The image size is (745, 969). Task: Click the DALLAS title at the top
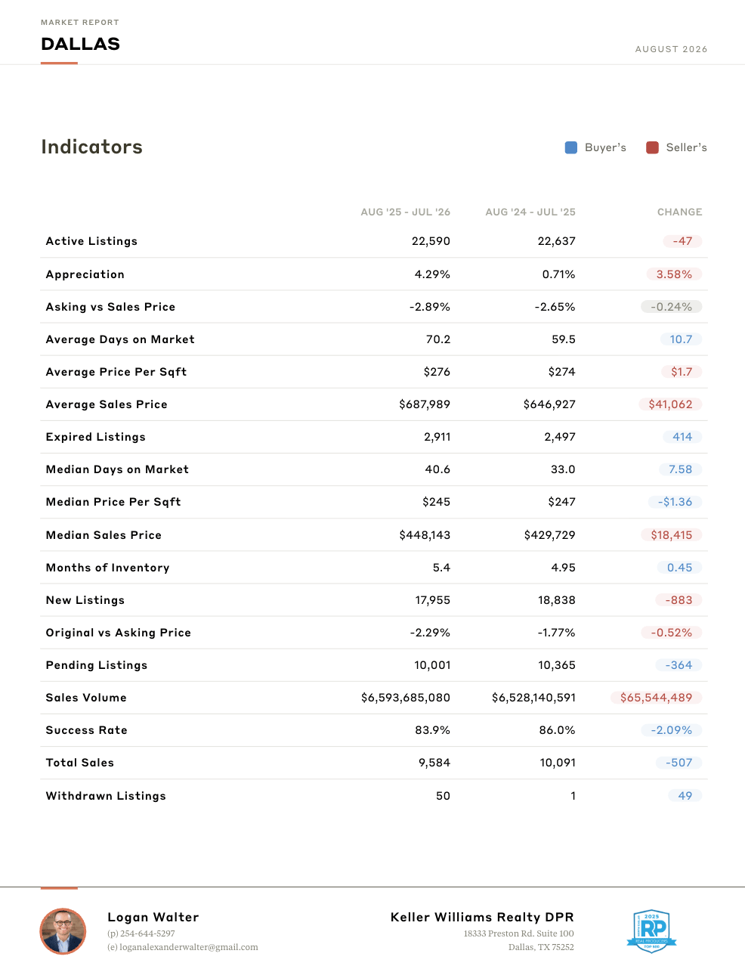point(80,44)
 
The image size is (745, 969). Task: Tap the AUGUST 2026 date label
point(671,49)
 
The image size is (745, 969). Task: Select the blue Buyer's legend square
point(570,147)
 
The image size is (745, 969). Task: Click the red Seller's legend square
point(652,147)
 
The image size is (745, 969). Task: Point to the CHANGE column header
point(679,212)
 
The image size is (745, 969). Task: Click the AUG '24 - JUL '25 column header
point(530,212)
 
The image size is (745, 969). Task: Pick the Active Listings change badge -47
point(682,241)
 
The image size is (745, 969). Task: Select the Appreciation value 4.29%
point(431,274)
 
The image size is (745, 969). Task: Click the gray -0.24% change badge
point(671,307)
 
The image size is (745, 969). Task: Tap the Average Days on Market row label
point(120,339)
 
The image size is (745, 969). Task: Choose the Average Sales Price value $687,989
point(424,404)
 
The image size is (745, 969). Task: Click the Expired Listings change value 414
point(682,437)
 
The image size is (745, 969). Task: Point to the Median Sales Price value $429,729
point(549,535)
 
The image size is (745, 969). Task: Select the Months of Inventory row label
point(107,568)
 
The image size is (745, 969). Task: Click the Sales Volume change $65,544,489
point(656,698)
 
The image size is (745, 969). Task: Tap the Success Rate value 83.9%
point(432,730)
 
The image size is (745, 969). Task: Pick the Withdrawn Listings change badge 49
point(685,796)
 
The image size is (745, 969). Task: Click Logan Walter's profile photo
point(63,931)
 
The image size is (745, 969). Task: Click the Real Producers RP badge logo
point(651,931)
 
